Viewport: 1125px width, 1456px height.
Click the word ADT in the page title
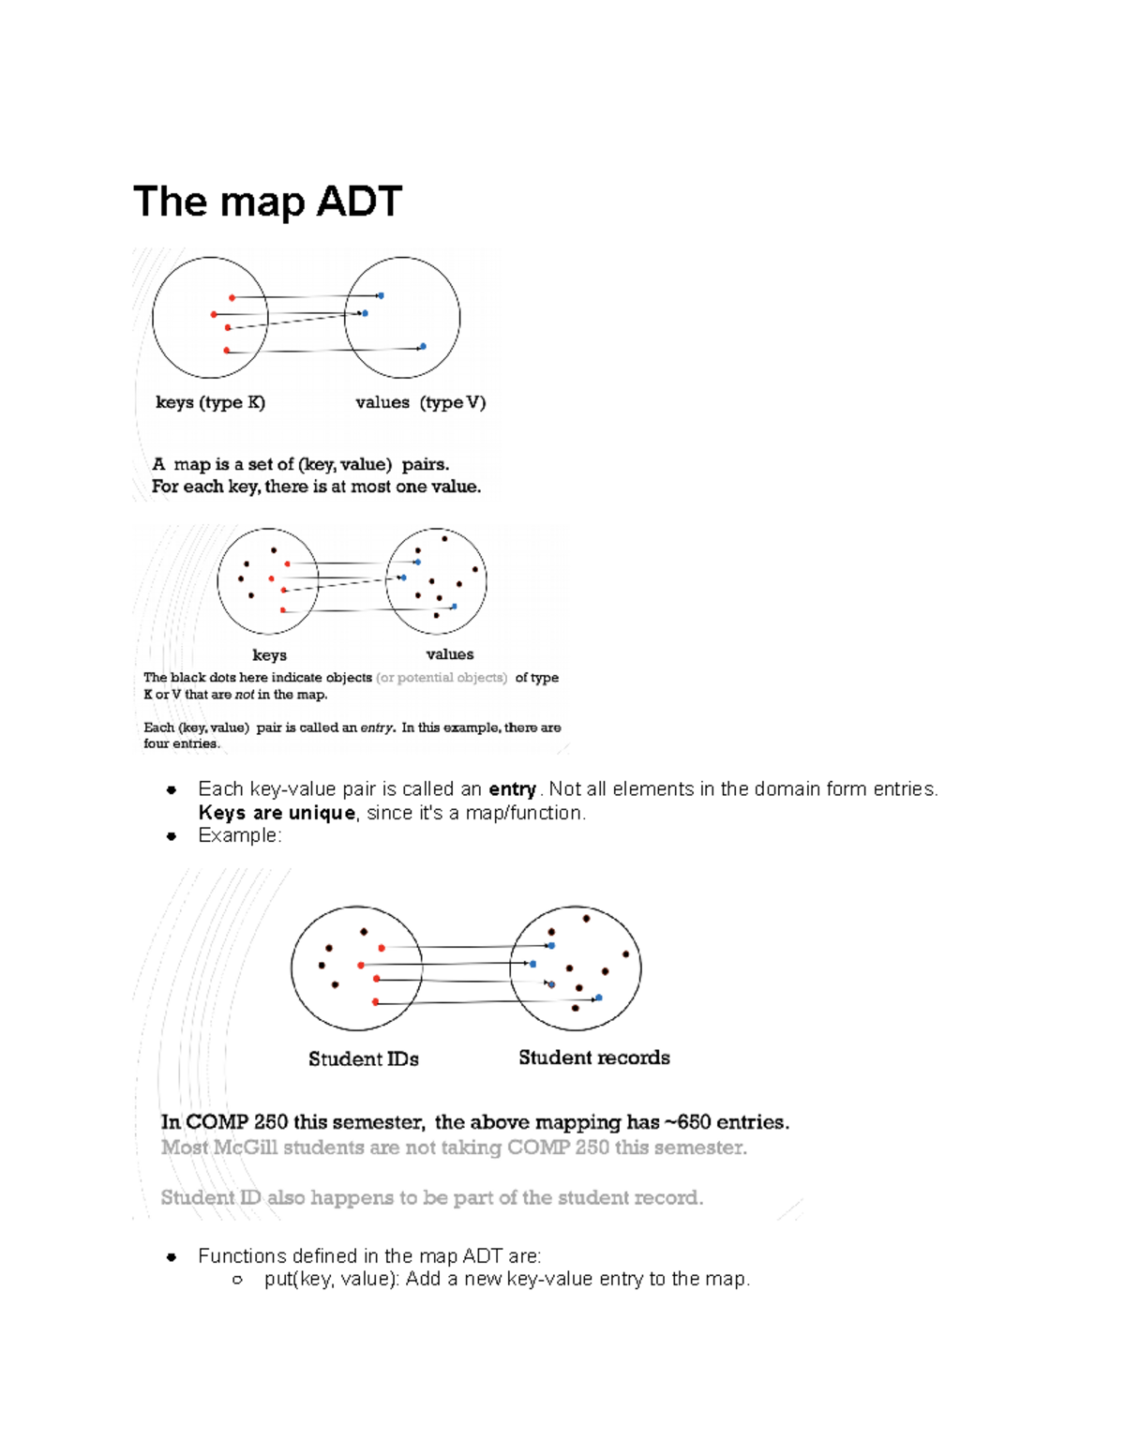[360, 202]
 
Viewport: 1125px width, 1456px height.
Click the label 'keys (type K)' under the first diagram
[210, 402]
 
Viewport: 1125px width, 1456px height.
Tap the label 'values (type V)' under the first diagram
[420, 402]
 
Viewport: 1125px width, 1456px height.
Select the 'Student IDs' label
[363, 1058]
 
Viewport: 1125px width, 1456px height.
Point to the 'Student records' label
[593, 1058]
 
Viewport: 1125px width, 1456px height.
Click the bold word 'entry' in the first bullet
[512, 789]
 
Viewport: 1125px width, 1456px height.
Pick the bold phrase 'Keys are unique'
[277, 813]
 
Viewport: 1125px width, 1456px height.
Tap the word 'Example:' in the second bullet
[239, 835]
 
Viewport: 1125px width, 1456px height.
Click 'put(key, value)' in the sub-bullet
[331, 1279]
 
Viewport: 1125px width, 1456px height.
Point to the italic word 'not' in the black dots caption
[244, 695]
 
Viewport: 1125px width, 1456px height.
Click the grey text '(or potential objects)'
[442, 677]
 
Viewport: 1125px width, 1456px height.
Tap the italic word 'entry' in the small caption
[378, 728]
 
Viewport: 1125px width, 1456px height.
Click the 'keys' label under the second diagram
[269, 655]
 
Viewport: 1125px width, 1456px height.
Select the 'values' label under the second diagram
[449, 654]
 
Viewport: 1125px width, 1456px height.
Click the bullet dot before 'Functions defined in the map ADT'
[172, 1256]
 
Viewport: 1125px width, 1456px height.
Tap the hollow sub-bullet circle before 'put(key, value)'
[237, 1280]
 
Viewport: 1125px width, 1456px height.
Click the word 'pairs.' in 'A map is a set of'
[425, 464]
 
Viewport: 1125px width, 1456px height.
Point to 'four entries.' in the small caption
[181, 743]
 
